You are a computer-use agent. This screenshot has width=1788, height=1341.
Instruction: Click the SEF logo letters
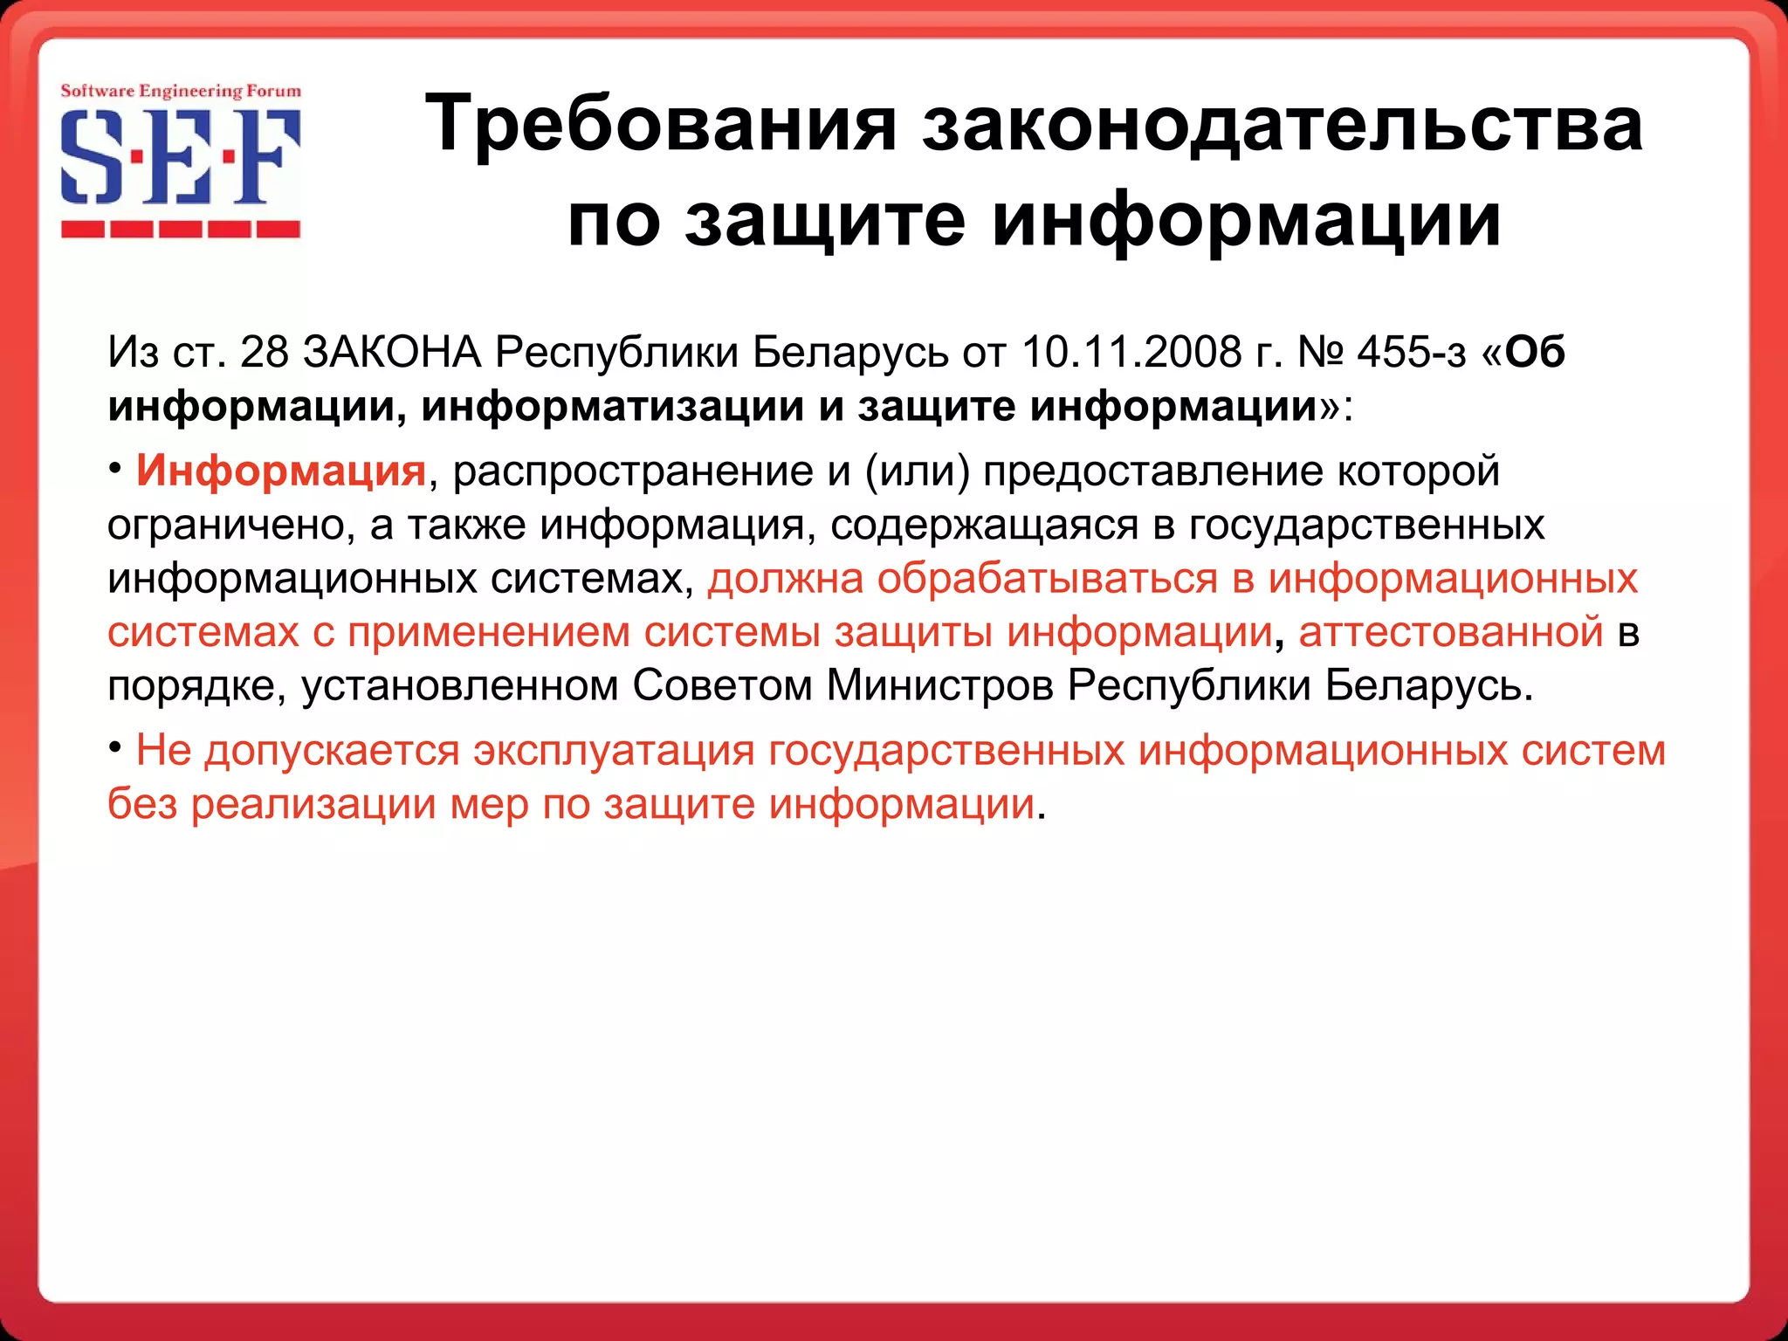(x=181, y=157)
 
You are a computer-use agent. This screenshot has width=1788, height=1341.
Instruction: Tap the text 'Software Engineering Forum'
(x=181, y=91)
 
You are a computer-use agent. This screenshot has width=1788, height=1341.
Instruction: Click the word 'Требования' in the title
(x=661, y=123)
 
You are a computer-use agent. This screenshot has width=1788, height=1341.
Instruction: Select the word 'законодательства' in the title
(x=1283, y=123)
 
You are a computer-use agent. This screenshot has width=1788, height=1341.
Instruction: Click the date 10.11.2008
(x=1131, y=352)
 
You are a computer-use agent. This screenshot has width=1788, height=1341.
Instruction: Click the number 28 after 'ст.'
(x=264, y=352)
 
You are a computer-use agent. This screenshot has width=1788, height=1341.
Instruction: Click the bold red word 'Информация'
(x=280, y=471)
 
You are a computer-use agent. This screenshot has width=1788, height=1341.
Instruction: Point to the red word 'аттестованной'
(x=1451, y=631)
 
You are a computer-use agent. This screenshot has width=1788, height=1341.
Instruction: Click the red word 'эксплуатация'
(x=613, y=750)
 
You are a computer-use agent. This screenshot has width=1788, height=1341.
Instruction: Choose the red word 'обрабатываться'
(x=1048, y=578)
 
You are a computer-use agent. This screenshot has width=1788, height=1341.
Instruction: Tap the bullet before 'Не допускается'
(x=115, y=747)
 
